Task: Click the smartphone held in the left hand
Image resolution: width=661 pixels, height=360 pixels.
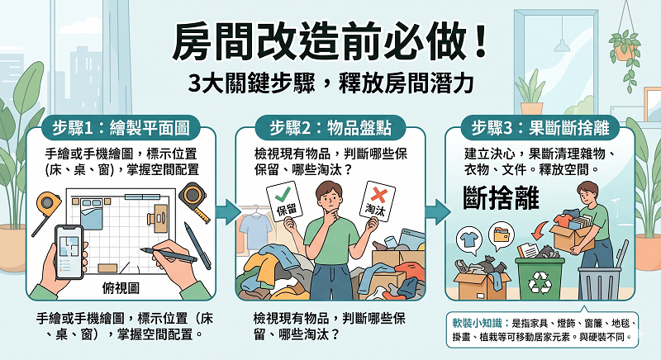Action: coord(71,248)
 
